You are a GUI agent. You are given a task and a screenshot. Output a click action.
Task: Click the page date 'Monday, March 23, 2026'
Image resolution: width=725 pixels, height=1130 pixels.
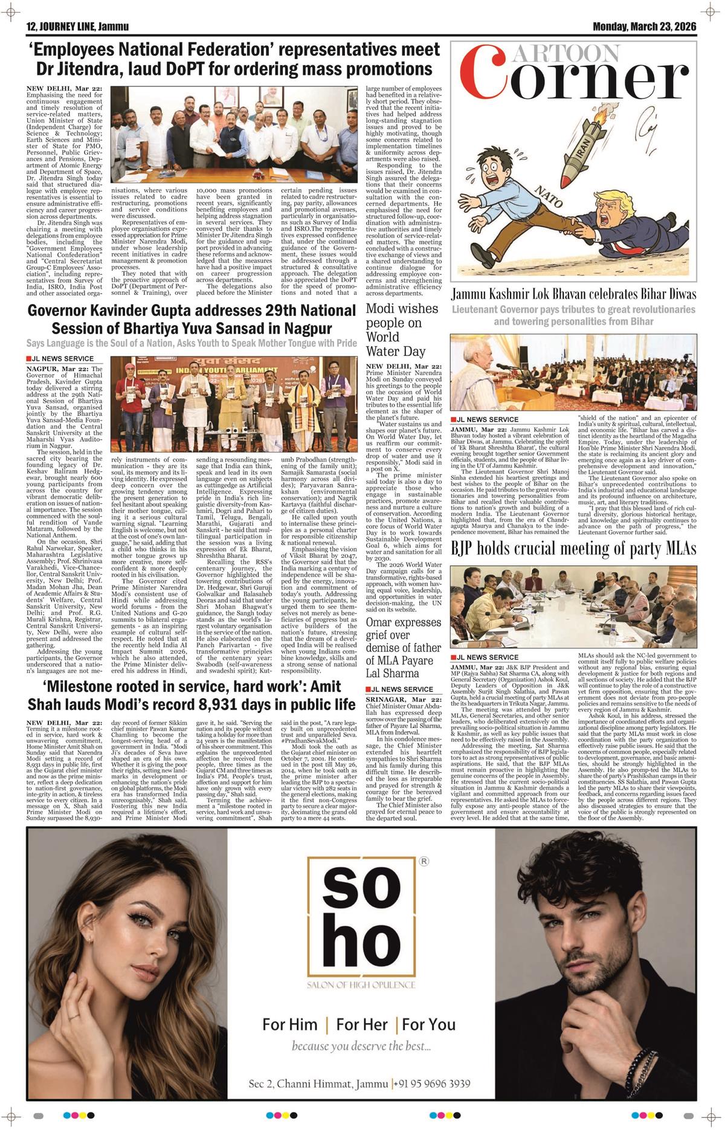point(644,27)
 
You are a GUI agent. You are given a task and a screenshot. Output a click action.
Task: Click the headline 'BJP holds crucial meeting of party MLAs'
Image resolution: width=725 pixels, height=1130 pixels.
point(573,549)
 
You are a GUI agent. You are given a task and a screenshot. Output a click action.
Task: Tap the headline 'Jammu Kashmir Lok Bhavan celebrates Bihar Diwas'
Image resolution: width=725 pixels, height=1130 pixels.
point(573,295)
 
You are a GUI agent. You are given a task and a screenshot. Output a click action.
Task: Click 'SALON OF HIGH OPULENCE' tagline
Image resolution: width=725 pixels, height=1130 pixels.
point(361,985)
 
